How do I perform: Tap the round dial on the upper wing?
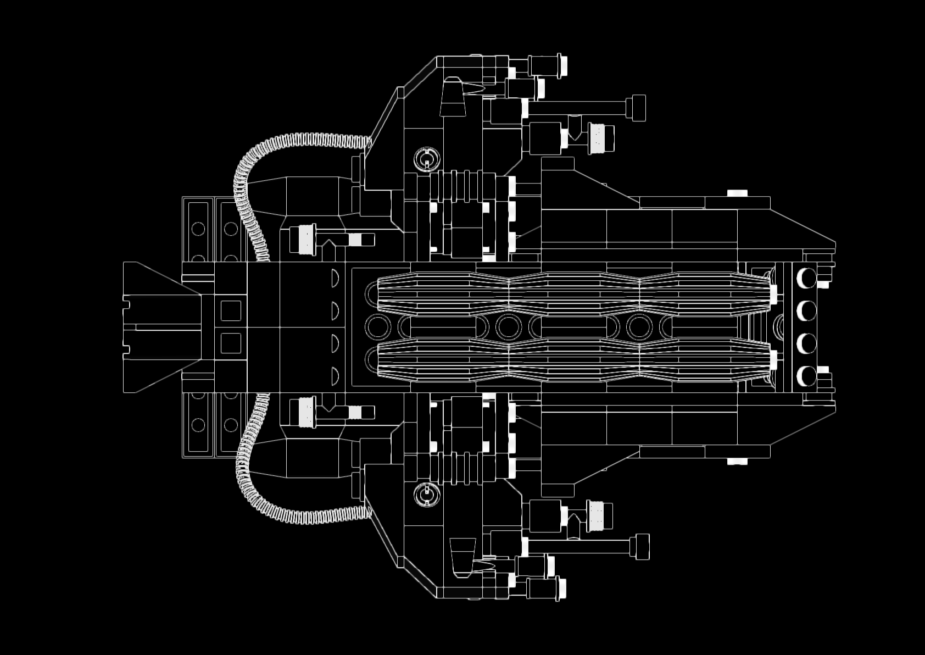point(427,160)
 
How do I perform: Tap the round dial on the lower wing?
point(427,496)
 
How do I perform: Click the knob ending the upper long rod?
point(638,108)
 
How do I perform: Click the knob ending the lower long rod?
point(642,547)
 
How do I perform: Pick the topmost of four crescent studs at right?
point(806,278)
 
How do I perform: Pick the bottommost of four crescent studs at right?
point(806,376)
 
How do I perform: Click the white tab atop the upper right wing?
point(737,193)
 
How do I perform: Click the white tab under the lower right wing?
point(737,462)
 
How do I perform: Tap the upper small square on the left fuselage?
point(231,310)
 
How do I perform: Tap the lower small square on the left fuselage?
point(231,343)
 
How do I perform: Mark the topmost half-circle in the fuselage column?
point(335,277)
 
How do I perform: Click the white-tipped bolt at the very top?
point(562,65)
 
